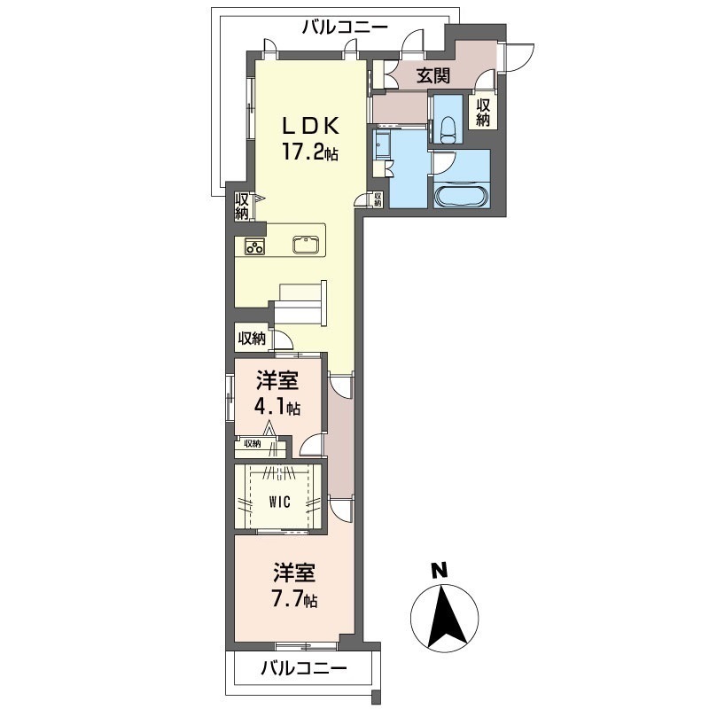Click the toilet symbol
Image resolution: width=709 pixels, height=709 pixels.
(x=448, y=129)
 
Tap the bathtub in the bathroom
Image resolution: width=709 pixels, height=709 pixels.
(x=461, y=196)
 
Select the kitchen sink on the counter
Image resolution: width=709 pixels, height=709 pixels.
(x=306, y=245)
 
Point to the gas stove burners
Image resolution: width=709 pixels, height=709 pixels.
(x=254, y=246)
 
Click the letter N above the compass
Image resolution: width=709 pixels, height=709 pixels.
(x=439, y=570)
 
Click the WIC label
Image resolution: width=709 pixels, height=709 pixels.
(x=279, y=502)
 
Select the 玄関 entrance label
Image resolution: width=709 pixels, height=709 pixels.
(x=433, y=75)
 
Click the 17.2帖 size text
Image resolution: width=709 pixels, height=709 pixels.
(x=310, y=152)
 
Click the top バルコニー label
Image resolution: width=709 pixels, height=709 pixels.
(x=345, y=28)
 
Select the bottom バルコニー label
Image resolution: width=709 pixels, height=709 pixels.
(x=304, y=668)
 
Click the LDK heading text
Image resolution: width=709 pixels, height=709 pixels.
(x=311, y=126)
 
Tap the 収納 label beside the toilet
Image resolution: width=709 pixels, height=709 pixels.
(x=483, y=113)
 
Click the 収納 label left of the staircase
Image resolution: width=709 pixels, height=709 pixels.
(x=252, y=338)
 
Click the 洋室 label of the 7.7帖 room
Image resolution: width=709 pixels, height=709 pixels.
(x=294, y=573)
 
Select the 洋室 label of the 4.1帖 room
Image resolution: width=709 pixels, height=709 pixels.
(x=277, y=381)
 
